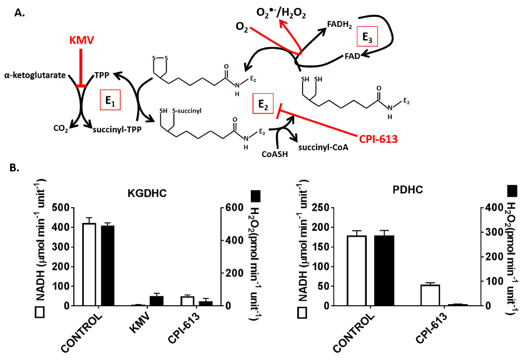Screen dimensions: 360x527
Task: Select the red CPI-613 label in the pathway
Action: [378, 139]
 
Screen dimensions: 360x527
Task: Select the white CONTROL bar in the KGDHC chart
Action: [89, 264]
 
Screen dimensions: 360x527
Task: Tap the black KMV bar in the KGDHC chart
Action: [140, 300]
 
